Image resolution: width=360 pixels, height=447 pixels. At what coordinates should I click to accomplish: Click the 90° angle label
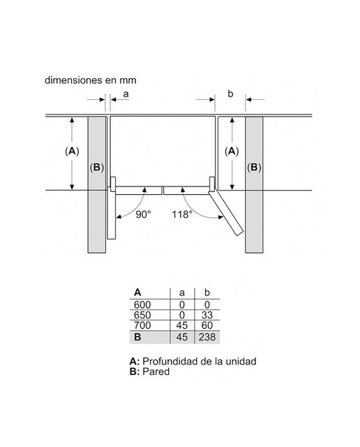143,214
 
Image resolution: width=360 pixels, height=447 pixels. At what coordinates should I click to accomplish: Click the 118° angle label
181,214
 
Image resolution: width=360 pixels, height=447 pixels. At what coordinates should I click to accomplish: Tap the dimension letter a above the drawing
126,94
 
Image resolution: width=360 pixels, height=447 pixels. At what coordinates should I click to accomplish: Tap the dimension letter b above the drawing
230,94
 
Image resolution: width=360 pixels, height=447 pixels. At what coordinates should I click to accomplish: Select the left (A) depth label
72,151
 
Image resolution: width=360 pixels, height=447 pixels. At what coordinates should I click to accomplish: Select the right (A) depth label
232,151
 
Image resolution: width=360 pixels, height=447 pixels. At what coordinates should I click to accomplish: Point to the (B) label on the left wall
97,167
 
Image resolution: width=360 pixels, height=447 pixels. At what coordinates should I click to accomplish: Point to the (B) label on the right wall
254,167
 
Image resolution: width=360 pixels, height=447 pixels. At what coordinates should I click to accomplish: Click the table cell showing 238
207,337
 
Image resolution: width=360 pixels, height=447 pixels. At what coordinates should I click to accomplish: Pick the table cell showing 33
207,315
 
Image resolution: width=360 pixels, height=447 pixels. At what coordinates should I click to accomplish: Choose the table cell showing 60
207,325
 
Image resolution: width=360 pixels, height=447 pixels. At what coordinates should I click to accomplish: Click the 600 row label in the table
142,305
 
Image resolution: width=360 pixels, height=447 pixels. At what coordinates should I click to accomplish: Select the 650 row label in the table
142,315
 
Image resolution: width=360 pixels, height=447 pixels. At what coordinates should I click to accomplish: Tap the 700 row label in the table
142,325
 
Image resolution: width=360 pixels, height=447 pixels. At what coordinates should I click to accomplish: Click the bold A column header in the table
137,292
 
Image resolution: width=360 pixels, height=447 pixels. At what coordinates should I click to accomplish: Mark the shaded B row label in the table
137,337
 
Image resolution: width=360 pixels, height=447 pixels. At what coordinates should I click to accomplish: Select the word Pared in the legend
156,372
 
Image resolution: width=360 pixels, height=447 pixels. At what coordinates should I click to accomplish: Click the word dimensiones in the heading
74,80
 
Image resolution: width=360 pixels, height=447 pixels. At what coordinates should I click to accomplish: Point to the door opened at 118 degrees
225,213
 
